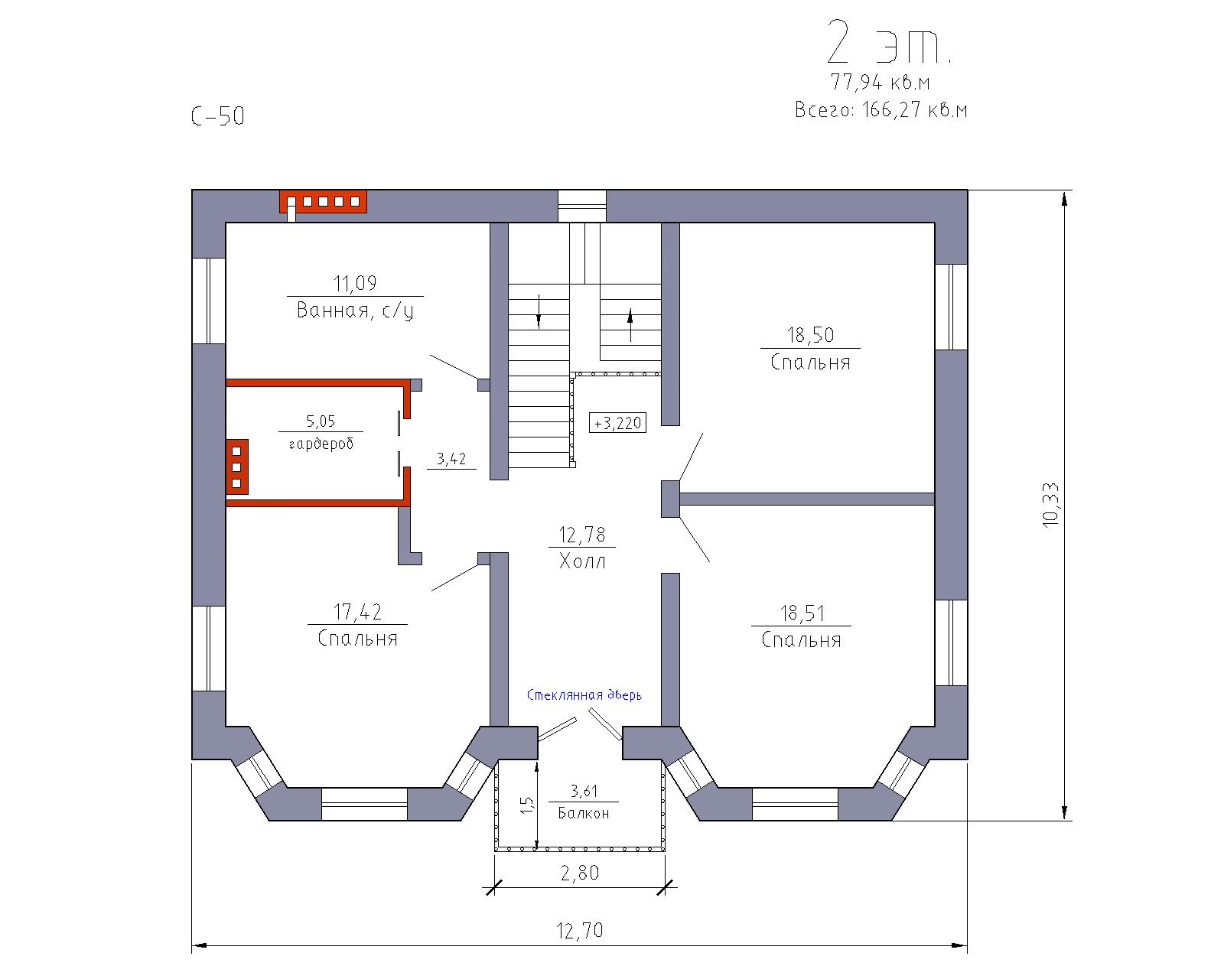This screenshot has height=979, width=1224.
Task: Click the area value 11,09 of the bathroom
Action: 354,283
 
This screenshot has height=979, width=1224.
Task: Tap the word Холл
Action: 582,561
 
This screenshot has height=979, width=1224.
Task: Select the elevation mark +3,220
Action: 617,423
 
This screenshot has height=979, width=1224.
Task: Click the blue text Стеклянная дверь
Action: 584,695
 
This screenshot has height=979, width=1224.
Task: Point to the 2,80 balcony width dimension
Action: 580,873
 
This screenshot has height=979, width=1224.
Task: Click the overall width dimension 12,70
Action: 580,930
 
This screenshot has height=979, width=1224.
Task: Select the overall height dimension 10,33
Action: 1050,505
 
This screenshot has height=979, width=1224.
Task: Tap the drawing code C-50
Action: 218,116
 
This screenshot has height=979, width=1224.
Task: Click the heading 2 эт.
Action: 889,42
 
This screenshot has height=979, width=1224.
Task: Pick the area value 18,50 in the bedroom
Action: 810,335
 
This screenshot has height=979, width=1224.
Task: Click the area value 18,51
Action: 802,613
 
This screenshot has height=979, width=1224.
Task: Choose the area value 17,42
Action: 357,612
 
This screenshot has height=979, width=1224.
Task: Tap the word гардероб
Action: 321,444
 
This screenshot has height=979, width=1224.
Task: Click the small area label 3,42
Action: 451,458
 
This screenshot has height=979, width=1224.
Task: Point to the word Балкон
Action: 584,813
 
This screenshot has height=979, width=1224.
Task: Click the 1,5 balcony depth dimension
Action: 527,805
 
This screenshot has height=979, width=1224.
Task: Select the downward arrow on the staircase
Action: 539,312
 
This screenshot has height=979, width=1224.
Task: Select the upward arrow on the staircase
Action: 630,325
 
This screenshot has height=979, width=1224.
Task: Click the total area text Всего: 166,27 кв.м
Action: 881,110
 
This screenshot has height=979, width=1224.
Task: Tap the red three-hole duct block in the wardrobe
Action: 237,467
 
